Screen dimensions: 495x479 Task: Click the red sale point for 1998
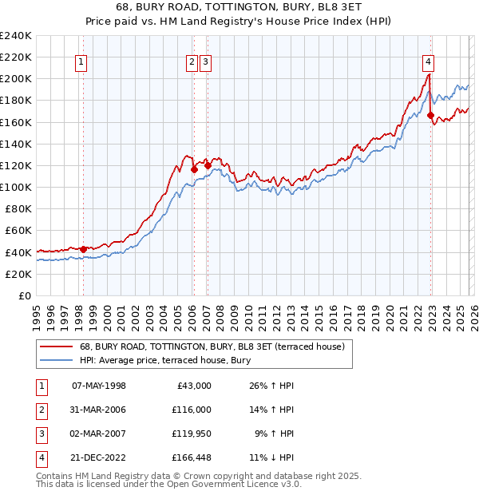(x=83, y=249)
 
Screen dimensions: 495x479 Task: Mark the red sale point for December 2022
(x=431, y=116)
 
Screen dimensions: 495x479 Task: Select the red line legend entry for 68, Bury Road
(x=212, y=346)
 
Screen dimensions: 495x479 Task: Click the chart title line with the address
(x=240, y=9)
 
